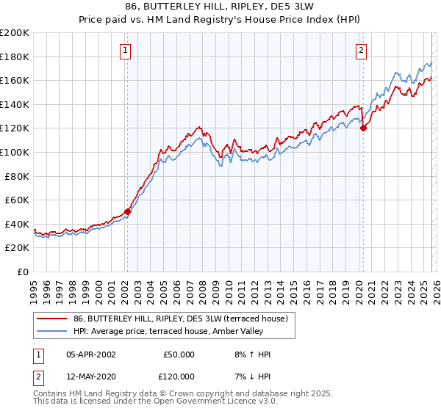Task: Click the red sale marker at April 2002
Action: [x=127, y=211]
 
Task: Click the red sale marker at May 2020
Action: [x=362, y=128]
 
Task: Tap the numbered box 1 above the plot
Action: [x=126, y=51]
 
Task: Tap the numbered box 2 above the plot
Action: [x=362, y=51]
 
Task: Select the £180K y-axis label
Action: [x=15, y=57]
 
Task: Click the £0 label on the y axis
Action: [x=22, y=272]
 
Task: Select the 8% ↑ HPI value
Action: [x=253, y=354]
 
